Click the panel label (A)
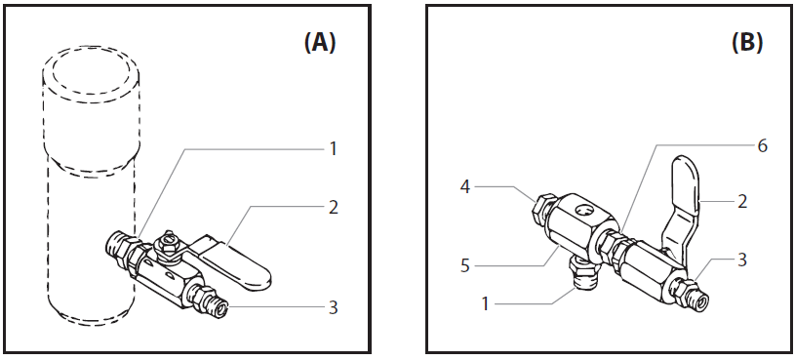click(x=320, y=44)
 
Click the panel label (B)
click(x=746, y=44)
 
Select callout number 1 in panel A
click(x=333, y=149)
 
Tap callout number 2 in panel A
click(x=333, y=208)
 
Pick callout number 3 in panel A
click(x=333, y=307)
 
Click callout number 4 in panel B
click(x=465, y=187)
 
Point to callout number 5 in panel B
click(x=465, y=265)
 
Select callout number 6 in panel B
click(x=762, y=146)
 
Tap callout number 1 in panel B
click(x=485, y=303)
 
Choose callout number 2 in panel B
click(x=742, y=201)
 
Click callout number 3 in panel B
click(x=742, y=260)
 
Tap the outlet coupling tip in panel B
click(x=701, y=303)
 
